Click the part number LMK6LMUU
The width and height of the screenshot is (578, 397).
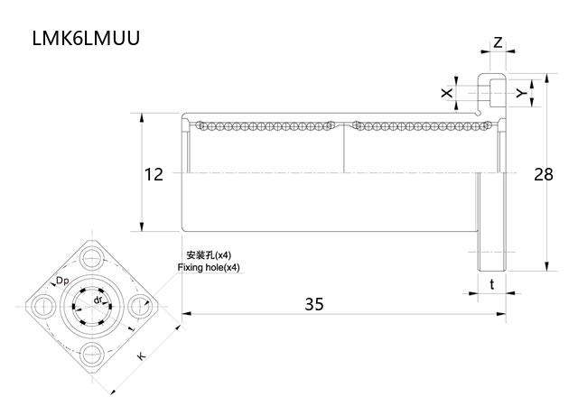point(85,39)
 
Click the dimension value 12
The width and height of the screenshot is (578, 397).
point(154,174)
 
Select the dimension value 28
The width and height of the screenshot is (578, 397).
point(543,174)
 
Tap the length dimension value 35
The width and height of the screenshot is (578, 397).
point(313,304)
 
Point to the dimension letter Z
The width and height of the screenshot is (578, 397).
point(498,43)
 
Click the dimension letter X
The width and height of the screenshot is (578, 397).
point(445,93)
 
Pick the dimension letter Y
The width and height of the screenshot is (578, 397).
point(519,92)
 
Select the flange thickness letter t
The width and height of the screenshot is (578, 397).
point(491,283)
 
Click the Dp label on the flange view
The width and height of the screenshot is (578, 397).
point(62,282)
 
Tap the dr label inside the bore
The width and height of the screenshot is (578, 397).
point(97,299)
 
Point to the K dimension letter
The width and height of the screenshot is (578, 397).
point(141,357)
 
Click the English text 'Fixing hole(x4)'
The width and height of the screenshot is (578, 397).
point(209,268)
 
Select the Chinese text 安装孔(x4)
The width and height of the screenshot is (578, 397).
point(209,255)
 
